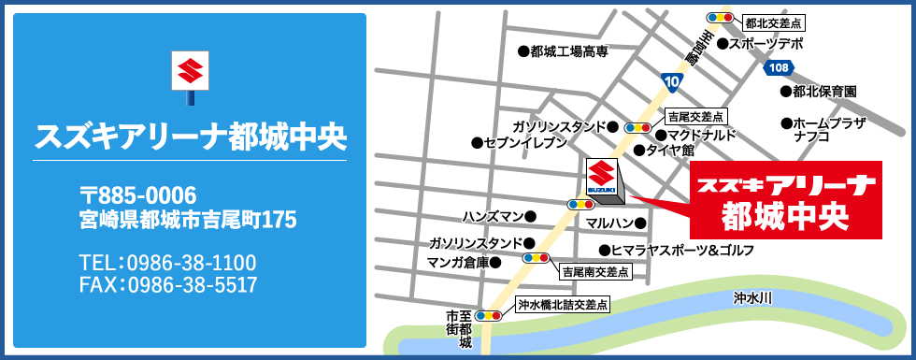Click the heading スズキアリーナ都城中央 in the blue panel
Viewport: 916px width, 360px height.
pos(190,137)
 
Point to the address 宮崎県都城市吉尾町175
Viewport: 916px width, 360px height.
pos(188,221)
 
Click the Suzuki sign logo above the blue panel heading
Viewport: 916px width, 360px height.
pos(190,72)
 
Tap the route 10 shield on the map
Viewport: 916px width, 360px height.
pos(672,82)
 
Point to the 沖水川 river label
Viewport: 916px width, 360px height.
pos(752,298)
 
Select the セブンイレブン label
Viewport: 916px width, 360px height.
pos(524,143)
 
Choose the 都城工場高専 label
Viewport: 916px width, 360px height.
pos(568,52)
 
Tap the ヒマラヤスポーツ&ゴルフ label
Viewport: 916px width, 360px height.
pos(681,251)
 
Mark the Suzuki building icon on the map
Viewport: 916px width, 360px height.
pos(603,179)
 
